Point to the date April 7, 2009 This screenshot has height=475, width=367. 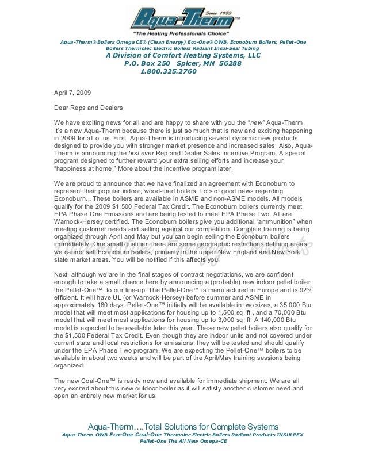pyautogui.click(x=71, y=92)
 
